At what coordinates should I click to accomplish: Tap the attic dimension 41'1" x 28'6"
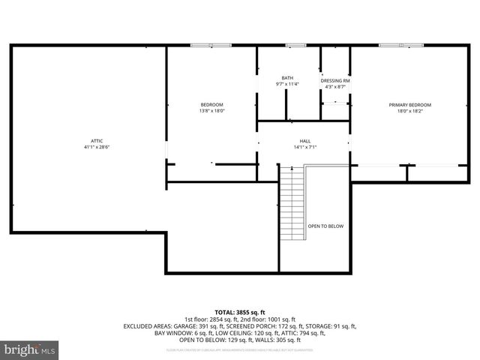[x=97, y=147]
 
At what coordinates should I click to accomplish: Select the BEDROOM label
[x=211, y=104]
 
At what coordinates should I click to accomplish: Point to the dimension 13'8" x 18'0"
[x=211, y=111]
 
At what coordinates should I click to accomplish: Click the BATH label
[x=287, y=78]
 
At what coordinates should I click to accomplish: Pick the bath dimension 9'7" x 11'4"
[x=287, y=84]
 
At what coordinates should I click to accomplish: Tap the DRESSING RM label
[x=335, y=80]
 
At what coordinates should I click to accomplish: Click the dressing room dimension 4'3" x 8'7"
[x=335, y=87]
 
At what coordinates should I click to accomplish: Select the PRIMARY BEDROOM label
[x=409, y=104]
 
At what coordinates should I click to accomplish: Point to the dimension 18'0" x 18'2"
[x=409, y=111]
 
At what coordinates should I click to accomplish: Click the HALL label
[x=305, y=141]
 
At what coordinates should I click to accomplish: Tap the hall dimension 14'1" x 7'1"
[x=305, y=147]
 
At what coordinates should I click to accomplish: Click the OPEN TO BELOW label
[x=326, y=226]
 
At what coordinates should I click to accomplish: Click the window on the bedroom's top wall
[x=211, y=46]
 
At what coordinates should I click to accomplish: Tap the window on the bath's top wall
[x=296, y=46]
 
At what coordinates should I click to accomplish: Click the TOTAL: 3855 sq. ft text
[x=240, y=312]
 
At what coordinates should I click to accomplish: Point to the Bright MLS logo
[x=30, y=349]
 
